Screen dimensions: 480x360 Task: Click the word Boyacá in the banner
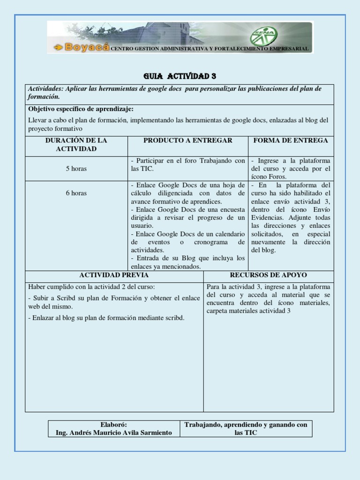(x=87, y=47)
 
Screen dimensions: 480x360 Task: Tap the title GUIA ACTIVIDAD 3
(x=180, y=76)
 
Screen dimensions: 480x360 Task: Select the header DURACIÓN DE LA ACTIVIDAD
(x=76, y=144)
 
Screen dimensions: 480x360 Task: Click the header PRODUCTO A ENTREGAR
(x=187, y=140)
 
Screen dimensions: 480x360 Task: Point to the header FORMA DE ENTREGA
(x=291, y=140)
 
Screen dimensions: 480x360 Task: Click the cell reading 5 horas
(x=76, y=168)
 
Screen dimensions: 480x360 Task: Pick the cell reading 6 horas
(x=76, y=193)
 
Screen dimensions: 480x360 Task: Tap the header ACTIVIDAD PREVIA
(x=114, y=275)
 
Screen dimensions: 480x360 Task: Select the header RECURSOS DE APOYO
(x=269, y=275)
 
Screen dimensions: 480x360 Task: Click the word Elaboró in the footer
(x=114, y=424)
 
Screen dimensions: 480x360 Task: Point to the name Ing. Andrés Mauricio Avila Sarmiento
(x=114, y=432)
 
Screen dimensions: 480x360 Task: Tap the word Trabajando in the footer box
(x=203, y=424)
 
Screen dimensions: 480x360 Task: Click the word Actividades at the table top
(x=45, y=88)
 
